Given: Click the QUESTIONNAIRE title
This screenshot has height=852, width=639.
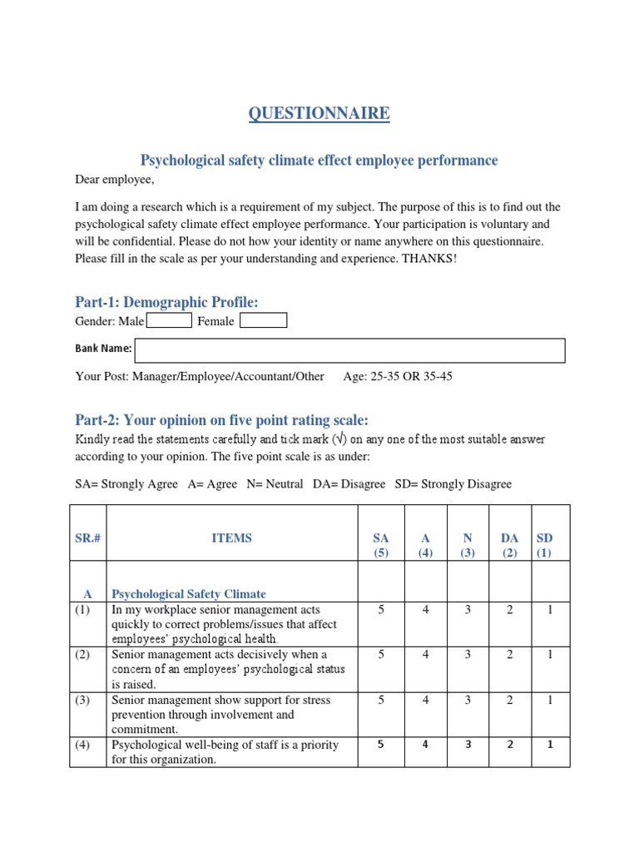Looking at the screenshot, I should pyautogui.click(x=319, y=113).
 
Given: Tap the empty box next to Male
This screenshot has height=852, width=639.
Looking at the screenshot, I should pyautogui.click(x=169, y=320).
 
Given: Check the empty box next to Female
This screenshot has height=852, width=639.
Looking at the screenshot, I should pyautogui.click(x=263, y=320).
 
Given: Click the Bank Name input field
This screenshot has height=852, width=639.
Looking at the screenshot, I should pyautogui.click(x=349, y=350).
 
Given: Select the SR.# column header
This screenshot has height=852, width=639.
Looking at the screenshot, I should pyautogui.click(x=87, y=538).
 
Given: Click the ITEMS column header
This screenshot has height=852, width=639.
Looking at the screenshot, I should pyautogui.click(x=231, y=538).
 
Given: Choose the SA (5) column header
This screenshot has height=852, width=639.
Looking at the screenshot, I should pyautogui.click(x=381, y=545).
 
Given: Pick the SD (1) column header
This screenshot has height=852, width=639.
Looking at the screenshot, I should pyautogui.click(x=544, y=545).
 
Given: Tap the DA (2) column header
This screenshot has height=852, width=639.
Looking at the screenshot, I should pyautogui.click(x=509, y=545).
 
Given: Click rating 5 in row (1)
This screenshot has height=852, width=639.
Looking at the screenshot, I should pyautogui.click(x=381, y=610).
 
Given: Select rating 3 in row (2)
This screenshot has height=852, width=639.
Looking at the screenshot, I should pyautogui.click(x=468, y=655).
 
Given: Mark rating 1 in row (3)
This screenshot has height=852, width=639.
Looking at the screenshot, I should pyautogui.click(x=549, y=700).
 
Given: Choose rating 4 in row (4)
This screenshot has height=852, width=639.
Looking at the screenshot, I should pyautogui.click(x=425, y=745).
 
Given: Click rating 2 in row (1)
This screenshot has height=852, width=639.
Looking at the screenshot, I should pyautogui.click(x=509, y=610).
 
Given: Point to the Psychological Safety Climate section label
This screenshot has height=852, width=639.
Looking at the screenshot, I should pyautogui.click(x=189, y=594).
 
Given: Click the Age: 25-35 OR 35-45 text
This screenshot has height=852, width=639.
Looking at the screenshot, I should pyautogui.click(x=398, y=376).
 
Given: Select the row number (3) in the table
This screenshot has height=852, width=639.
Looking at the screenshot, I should pyautogui.click(x=83, y=700).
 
